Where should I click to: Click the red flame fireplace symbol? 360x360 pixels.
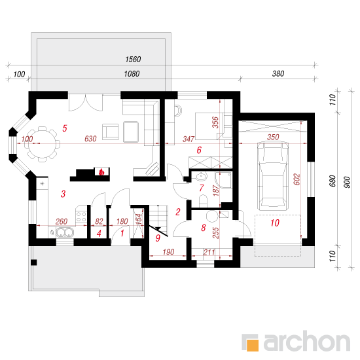coord(101,171)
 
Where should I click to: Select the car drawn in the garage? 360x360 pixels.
coord(272,176)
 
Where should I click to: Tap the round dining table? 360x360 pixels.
coord(43,144)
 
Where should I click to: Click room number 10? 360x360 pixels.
coord(275,223)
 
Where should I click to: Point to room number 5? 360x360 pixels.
coord(65,128)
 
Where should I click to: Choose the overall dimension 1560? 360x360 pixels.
coord(133,59)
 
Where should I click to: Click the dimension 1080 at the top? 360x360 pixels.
coord(132,74)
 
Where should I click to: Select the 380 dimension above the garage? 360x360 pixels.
coord(278,74)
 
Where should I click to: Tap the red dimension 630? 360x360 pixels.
coord(90,139)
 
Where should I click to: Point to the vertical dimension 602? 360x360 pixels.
coord(297,179)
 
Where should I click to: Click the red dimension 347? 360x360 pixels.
coord(189,139)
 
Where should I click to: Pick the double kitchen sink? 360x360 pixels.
coord(65,232)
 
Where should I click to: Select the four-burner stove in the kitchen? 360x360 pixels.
coord(81,217)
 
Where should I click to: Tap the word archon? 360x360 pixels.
coord(307,341)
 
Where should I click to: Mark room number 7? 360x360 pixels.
coord(202,188)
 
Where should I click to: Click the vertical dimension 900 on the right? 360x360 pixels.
coord(347,183)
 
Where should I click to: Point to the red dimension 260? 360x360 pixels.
coord(62,221)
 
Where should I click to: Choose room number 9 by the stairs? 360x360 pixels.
coord(158,238)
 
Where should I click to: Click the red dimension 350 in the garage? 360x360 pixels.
coord(273,137)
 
